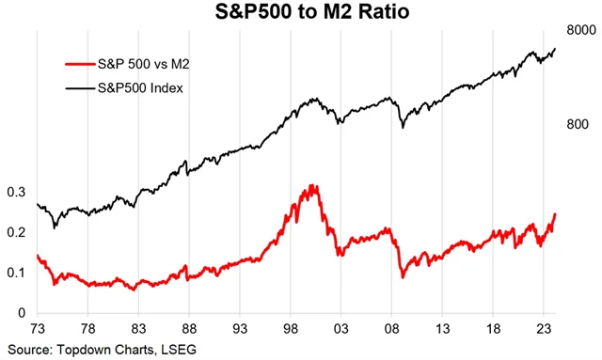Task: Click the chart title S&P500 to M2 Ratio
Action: tap(301, 12)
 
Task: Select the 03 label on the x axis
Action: tap(342, 330)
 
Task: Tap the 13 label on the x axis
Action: tap(444, 330)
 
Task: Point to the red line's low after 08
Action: tap(403, 276)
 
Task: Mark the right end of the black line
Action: tap(556, 48)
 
